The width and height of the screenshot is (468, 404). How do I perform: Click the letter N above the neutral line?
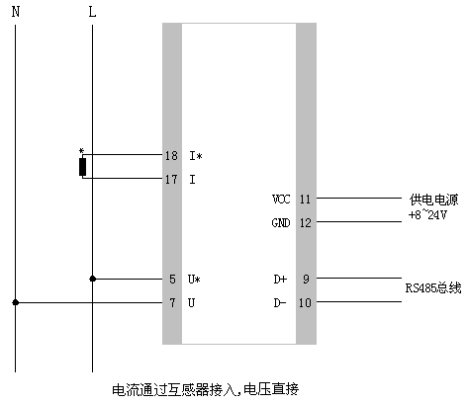tap(14, 13)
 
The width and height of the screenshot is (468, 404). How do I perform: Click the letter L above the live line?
tap(92, 13)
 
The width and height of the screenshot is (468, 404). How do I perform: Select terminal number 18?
tap(170, 156)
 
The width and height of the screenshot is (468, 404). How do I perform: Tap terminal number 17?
tap(170, 179)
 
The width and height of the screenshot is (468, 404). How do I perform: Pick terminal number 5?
tap(172, 280)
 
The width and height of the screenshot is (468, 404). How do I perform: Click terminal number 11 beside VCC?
tap(305, 199)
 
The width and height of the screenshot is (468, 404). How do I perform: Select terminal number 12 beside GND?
tap(305, 222)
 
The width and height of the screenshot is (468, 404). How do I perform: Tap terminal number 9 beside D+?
tap(306, 280)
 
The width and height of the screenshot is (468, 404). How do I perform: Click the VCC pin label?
tap(281, 199)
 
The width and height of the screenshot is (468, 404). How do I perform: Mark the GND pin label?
tap(281, 222)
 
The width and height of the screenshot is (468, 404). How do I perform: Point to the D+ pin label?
tap(280, 280)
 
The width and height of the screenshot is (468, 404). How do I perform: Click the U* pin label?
tap(194, 280)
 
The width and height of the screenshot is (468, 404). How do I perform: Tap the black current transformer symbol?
tap(83, 167)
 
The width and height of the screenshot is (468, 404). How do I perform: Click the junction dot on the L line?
tap(92, 280)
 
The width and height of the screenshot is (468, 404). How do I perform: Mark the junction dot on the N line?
tap(14, 302)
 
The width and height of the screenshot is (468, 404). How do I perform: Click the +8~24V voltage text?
tap(427, 214)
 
